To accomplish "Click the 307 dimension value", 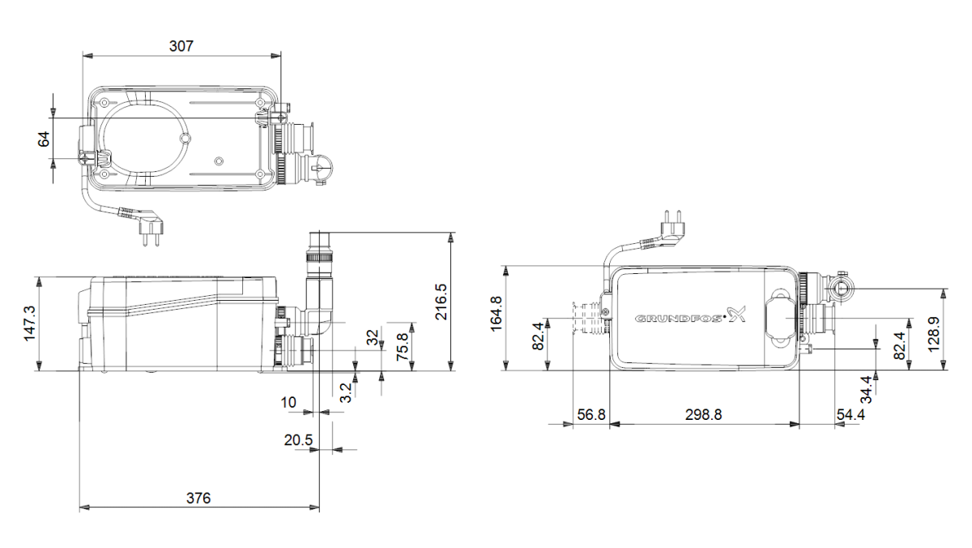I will point(181,46).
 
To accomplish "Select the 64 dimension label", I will point(45,139).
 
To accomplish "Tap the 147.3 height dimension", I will point(29,323).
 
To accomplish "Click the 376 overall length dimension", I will point(198,499).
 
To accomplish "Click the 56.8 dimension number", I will point(590,413).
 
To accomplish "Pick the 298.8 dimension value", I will point(703,413).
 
